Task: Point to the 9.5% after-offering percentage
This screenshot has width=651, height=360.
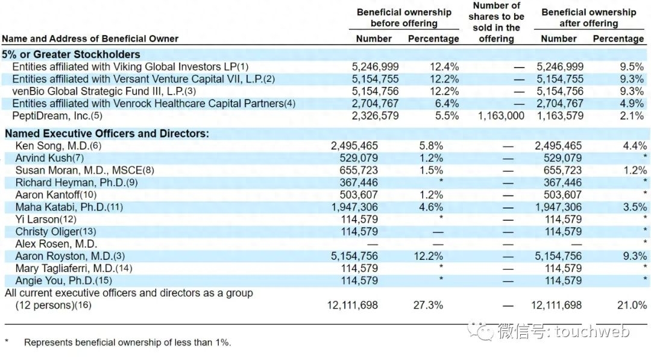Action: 632,67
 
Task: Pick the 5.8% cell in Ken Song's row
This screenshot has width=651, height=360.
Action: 431,146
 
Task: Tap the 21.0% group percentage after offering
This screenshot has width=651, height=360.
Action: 631,305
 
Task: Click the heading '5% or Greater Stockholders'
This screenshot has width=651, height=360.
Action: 71,55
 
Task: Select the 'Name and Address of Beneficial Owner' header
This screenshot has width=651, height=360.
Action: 90,39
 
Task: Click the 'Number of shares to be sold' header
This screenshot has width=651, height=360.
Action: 496,22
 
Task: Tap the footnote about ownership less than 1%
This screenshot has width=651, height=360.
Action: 127,343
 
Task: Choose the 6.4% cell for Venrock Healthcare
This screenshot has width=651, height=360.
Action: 446,104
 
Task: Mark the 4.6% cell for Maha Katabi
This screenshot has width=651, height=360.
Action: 431,207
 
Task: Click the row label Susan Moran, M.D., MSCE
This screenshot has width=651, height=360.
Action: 84,171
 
